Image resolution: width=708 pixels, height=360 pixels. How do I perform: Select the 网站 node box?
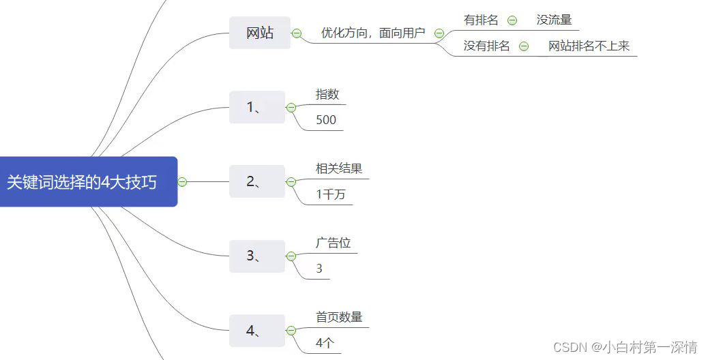coord(260,33)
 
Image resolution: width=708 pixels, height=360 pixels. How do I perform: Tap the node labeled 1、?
coord(256,107)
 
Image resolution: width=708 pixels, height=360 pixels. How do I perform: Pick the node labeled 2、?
coord(256,181)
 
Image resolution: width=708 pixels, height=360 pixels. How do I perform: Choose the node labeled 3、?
coord(256,256)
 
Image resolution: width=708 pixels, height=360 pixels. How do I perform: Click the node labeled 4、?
coord(256,331)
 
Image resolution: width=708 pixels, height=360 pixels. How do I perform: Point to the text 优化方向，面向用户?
coord(373,33)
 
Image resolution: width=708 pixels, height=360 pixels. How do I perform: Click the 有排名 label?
coord(481,20)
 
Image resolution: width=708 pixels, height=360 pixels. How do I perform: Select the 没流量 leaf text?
coord(554,20)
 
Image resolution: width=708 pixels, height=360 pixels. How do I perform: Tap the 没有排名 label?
coord(486,46)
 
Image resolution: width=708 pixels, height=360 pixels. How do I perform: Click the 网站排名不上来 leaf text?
coord(589,46)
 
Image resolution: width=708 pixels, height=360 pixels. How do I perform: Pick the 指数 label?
coord(327,95)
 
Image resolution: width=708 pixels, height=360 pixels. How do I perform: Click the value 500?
coord(326,120)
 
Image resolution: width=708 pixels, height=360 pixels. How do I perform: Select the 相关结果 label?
coord(339,169)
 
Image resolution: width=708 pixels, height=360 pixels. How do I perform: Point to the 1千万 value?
coord(331,195)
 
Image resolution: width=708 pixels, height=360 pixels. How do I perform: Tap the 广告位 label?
coord(333,243)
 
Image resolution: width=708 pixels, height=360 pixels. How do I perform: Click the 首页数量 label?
coord(339,318)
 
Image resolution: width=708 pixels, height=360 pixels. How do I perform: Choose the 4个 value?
coord(325,344)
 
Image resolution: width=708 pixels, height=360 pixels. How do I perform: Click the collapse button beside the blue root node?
coord(182,182)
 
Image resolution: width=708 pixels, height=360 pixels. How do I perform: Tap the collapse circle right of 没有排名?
coord(524,46)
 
